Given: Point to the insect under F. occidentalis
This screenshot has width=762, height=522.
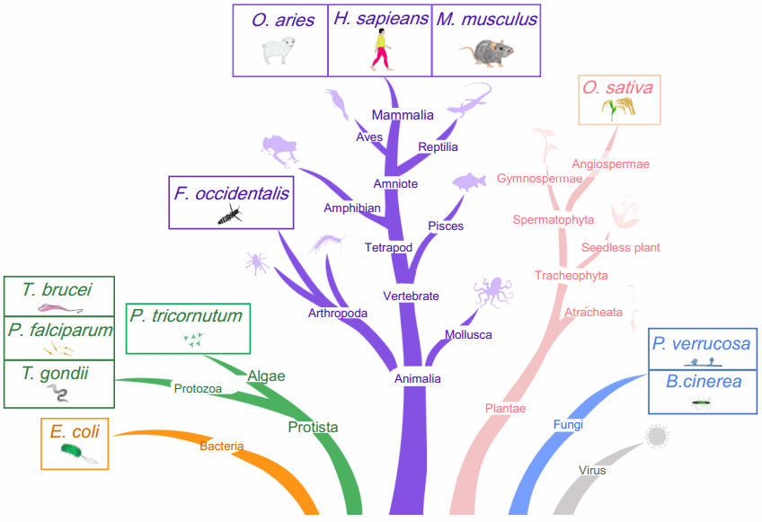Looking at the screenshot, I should click(229, 215).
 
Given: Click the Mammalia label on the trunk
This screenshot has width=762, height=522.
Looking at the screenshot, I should click(403, 115).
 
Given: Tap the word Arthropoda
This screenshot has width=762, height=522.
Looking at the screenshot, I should click(337, 314).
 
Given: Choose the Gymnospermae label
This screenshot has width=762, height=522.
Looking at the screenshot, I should click(539, 179).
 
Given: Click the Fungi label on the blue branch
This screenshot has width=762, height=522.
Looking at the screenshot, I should click(568, 424).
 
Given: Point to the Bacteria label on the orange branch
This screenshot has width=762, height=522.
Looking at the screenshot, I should click(221, 446).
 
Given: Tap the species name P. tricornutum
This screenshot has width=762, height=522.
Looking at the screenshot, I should click(185, 315).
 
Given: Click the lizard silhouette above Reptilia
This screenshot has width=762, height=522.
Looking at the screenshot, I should click(469, 100).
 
